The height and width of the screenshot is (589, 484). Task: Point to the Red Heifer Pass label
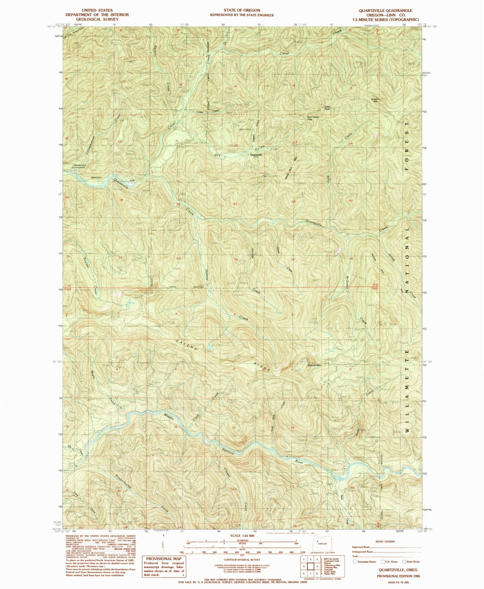(314, 118)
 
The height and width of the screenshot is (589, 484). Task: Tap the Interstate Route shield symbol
(355, 562)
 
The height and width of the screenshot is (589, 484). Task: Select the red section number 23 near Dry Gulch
(295, 143)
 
